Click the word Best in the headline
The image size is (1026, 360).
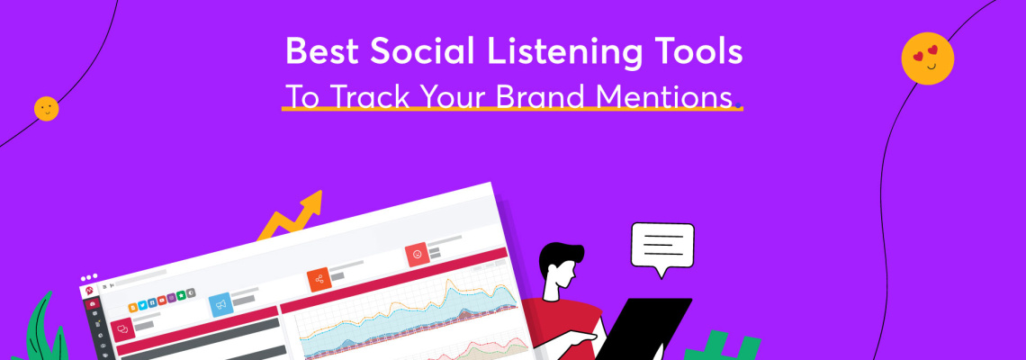(315, 52)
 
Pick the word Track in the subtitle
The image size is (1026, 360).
(376, 96)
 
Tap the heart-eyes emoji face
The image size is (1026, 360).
(926, 57)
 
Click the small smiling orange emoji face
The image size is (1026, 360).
(46, 109)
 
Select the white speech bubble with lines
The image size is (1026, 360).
(661, 244)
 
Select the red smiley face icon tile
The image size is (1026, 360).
(417, 255)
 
